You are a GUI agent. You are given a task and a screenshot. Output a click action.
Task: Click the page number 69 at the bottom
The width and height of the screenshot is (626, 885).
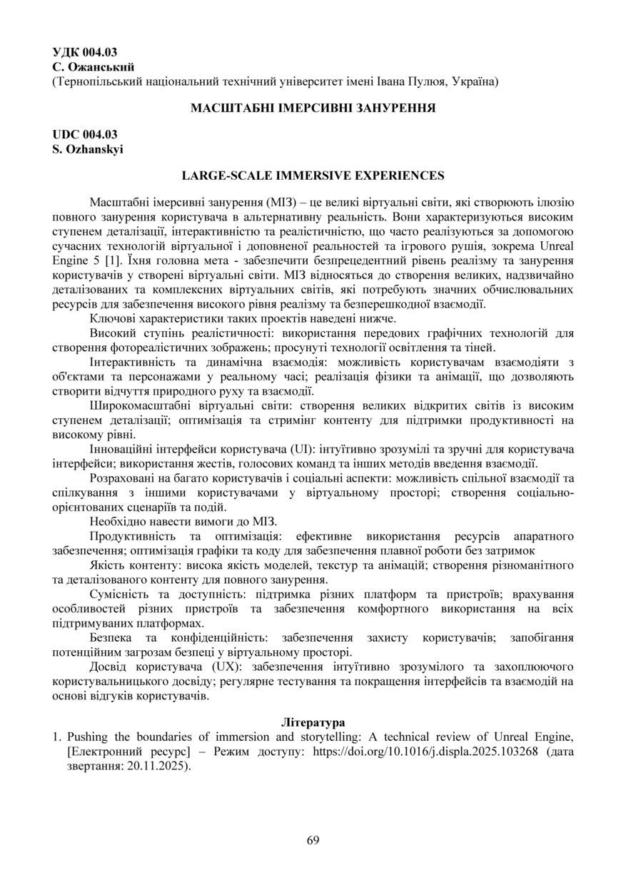tap(313, 840)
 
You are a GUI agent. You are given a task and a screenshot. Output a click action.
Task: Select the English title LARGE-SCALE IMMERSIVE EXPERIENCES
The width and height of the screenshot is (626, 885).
tap(313, 175)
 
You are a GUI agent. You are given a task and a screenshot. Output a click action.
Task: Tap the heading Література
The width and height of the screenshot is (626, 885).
tap(313, 722)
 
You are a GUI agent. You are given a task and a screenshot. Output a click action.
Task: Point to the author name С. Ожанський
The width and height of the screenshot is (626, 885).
tap(94, 66)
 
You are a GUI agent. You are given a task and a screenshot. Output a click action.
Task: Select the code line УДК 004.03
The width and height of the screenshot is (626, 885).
tap(85, 52)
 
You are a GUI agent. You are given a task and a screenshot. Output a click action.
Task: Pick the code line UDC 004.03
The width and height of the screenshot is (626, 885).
tap(85, 134)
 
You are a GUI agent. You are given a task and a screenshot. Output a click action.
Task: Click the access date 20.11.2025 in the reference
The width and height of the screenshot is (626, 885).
tap(156, 767)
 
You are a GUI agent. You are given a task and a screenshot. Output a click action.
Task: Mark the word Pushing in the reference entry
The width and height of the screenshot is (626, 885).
tap(89, 737)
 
